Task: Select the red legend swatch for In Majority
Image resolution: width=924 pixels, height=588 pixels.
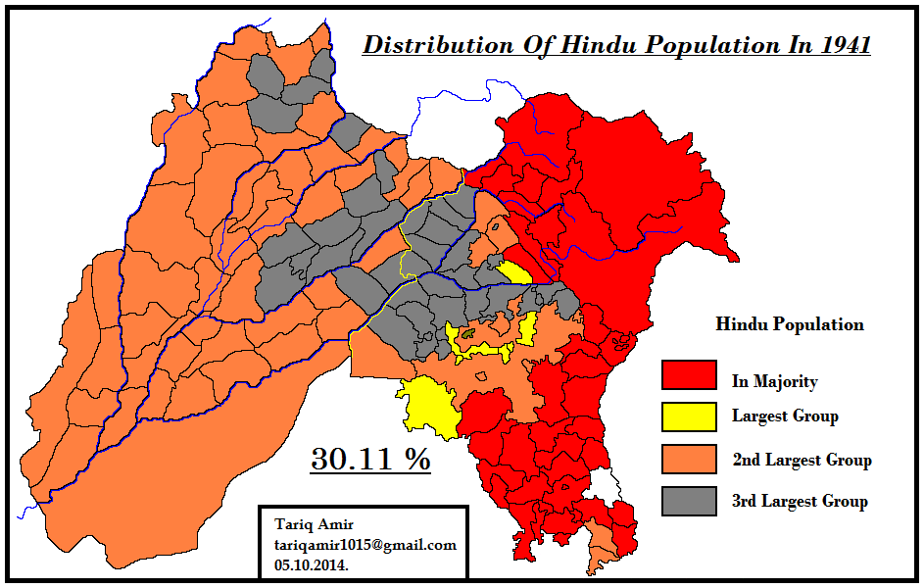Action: point(688,374)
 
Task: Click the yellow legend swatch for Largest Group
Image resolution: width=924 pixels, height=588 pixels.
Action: point(688,416)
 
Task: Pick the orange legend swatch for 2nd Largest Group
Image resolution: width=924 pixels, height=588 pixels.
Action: point(688,459)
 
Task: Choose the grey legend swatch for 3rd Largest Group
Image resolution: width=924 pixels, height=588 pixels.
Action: point(688,501)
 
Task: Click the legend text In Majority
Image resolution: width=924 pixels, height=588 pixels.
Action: point(774,382)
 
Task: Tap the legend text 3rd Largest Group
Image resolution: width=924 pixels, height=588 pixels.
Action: point(800,502)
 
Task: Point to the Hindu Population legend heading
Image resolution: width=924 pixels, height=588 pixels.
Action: point(790,324)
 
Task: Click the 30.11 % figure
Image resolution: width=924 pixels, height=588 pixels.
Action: point(370,459)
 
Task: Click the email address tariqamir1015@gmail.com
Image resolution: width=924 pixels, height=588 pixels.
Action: point(365,546)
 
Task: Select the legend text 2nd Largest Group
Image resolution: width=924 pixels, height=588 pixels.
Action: point(802,460)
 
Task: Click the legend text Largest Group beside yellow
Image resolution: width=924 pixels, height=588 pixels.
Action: point(785,416)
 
